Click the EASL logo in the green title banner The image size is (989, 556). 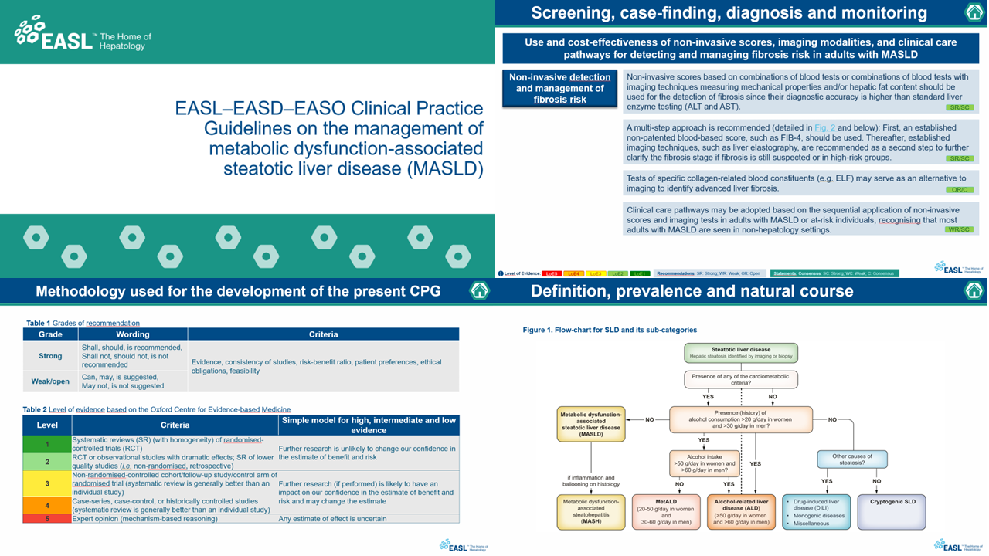(x=83, y=36)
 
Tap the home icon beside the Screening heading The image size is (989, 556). (x=974, y=12)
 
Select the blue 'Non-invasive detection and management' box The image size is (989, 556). (x=559, y=88)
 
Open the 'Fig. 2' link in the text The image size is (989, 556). (x=824, y=127)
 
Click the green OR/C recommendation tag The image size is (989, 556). (x=960, y=189)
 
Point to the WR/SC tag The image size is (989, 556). (x=960, y=229)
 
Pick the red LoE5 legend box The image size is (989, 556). (x=551, y=273)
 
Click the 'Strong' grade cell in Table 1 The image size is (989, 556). (x=50, y=356)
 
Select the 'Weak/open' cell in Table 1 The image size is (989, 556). (x=50, y=381)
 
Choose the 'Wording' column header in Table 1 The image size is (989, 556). (x=133, y=334)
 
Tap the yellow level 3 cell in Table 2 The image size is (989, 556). (x=47, y=483)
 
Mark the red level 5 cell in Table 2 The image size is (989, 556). (x=47, y=519)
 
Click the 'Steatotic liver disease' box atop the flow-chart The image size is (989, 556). (x=740, y=353)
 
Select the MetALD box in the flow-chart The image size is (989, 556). (x=665, y=512)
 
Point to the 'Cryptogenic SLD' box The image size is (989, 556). (x=892, y=512)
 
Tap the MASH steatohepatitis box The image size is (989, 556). (x=591, y=512)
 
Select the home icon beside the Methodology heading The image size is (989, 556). (x=480, y=290)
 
